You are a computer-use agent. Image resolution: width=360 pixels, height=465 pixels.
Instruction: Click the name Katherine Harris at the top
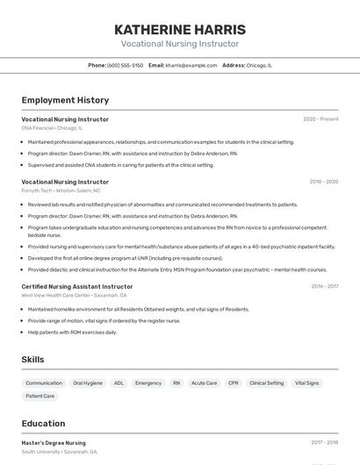(x=179, y=29)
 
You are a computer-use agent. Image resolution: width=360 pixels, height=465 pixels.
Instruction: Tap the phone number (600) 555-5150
(x=125, y=65)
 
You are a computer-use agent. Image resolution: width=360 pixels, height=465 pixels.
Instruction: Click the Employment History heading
(x=65, y=100)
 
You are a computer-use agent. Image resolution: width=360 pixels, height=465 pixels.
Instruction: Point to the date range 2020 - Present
(x=320, y=119)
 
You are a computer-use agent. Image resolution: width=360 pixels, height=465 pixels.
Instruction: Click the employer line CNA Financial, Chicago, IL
(x=53, y=128)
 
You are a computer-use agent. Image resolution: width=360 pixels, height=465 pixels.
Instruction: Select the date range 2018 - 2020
(x=323, y=182)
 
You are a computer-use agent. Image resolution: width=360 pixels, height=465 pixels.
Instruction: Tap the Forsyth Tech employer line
(x=61, y=190)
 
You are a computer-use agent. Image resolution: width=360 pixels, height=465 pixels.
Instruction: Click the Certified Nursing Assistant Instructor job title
(x=77, y=286)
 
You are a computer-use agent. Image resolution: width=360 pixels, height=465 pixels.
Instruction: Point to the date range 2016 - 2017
(x=324, y=286)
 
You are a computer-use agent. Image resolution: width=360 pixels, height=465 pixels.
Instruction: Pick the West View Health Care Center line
(x=74, y=295)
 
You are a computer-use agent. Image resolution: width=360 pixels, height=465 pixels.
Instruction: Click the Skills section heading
(x=32, y=360)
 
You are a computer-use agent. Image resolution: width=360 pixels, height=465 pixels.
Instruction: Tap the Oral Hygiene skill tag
(x=88, y=383)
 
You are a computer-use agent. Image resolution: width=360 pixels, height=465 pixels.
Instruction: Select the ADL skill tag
(x=119, y=383)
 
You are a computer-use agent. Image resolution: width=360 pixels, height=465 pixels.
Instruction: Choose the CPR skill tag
(x=233, y=383)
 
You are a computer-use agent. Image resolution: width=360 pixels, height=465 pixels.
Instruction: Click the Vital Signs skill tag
(x=306, y=383)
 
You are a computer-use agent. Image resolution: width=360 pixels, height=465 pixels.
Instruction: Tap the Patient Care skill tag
(x=40, y=396)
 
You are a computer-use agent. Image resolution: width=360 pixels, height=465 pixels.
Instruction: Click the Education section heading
(x=43, y=424)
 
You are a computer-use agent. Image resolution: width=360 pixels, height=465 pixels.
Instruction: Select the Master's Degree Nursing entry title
(x=54, y=443)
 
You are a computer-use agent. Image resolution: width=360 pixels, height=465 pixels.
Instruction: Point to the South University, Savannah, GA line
(x=59, y=452)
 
